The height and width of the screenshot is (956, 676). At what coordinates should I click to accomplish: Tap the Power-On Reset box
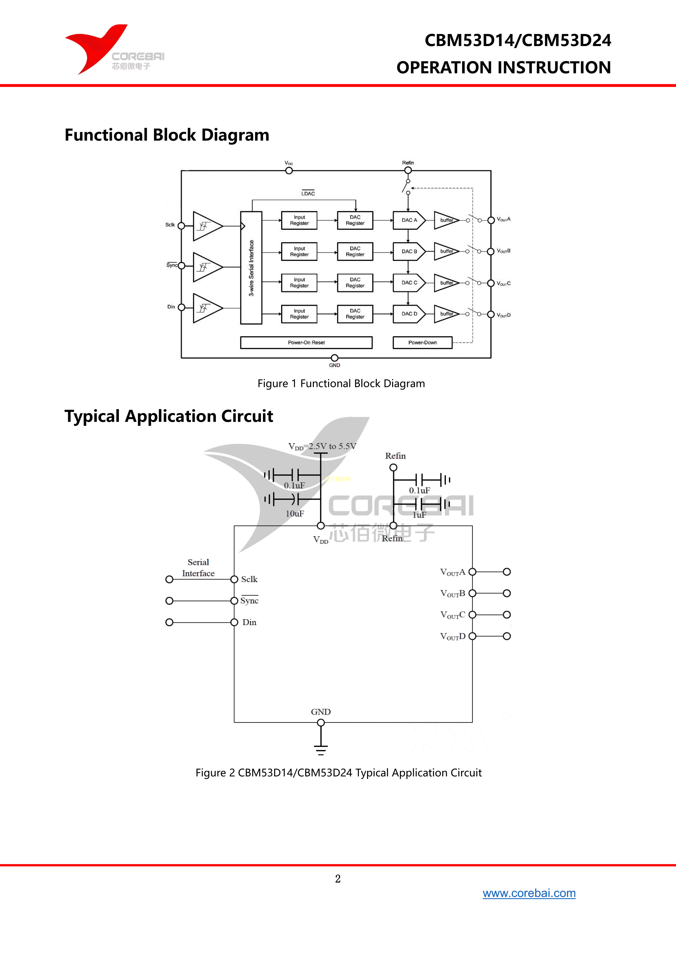(306, 343)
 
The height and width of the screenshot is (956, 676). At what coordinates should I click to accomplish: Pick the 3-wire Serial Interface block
(251, 268)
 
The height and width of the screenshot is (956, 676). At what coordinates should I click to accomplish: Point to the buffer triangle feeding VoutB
(446, 252)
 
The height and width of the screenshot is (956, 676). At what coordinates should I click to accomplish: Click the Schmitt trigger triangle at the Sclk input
(206, 226)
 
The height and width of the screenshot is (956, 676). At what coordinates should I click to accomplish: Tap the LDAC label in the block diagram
(308, 193)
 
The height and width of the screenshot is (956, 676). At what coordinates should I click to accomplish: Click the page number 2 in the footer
(338, 879)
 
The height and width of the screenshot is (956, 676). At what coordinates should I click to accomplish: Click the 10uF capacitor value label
(295, 514)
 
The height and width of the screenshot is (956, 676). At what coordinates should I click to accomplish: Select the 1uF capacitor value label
(419, 515)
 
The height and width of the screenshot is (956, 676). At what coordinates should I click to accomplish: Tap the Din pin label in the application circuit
(249, 622)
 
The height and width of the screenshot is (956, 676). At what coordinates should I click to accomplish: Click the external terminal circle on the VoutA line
(507, 572)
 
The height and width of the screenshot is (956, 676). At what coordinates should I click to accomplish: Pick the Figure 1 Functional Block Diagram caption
(341, 383)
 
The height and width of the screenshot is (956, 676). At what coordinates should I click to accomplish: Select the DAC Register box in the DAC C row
(355, 283)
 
